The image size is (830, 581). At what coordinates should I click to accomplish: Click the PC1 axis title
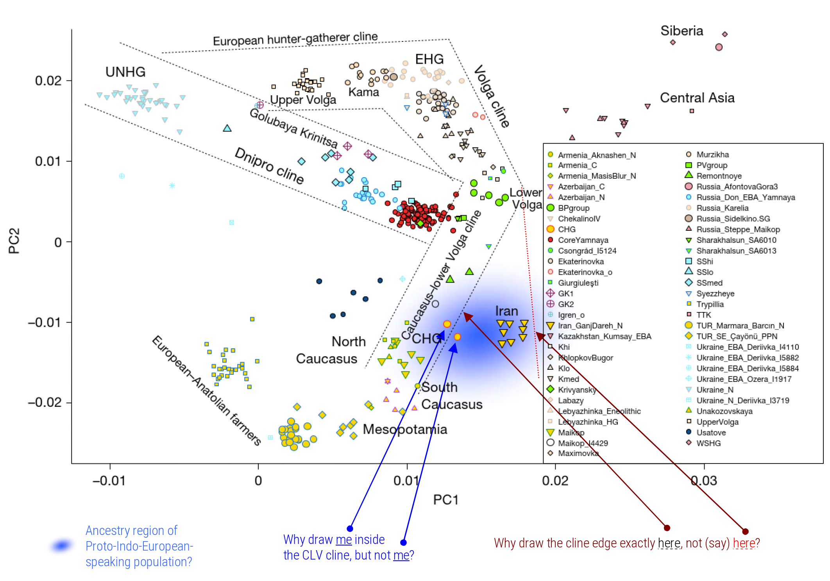(x=445, y=500)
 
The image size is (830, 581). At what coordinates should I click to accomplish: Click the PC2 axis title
(x=14, y=241)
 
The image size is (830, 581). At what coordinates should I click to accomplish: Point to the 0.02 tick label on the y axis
(x=48, y=81)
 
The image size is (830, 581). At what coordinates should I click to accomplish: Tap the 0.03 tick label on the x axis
(x=704, y=481)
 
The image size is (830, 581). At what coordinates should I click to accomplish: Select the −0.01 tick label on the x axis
(x=109, y=481)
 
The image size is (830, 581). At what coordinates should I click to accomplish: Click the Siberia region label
(x=682, y=31)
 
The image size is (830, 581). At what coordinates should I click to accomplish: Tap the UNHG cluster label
(x=125, y=72)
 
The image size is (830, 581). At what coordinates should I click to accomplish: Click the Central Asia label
(x=697, y=98)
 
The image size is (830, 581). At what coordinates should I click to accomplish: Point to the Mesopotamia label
(x=405, y=429)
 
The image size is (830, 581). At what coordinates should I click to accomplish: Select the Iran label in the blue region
(x=506, y=311)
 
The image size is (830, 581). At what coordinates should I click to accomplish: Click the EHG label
(x=429, y=59)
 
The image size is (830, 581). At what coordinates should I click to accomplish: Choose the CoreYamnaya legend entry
(x=583, y=240)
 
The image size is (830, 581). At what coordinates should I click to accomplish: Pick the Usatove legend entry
(x=711, y=433)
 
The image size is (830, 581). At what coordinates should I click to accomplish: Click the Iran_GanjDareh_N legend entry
(x=590, y=326)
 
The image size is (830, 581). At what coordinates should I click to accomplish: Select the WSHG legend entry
(x=708, y=443)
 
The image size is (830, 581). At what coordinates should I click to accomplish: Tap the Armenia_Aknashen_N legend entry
(x=597, y=155)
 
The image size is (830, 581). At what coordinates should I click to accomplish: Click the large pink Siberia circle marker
(x=719, y=47)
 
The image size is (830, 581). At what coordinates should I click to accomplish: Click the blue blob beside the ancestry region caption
(x=61, y=545)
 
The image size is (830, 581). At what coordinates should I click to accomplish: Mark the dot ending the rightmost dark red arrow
(x=745, y=531)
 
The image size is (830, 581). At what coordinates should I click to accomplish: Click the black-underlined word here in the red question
(x=669, y=543)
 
